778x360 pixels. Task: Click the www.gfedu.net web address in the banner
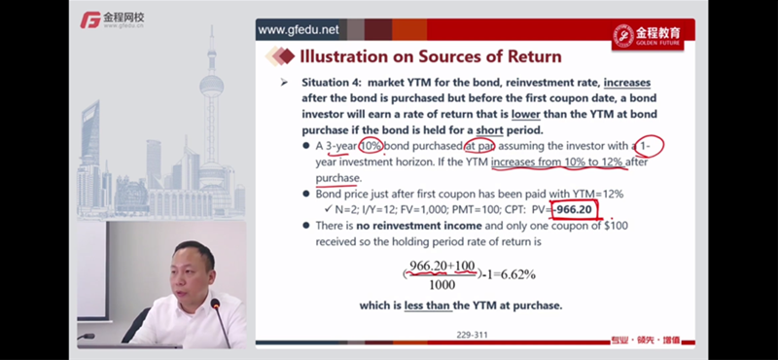click(x=299, y=30)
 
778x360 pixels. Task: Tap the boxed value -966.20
click(x=573, y=209)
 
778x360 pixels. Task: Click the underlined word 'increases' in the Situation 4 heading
click(x=627, y=83)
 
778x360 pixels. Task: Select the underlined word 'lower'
click(x=525, y=114)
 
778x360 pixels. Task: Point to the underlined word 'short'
click(x=490, y=130)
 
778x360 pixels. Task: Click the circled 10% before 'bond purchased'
click(x=371, y=147)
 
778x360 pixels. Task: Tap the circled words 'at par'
click(x=480, y=147)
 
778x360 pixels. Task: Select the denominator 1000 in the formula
click(x=442, y=285)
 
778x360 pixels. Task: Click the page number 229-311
click(x=472, y=335)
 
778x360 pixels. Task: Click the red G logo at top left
click(x=90, y=19)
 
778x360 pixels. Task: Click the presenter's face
click(x=190, y=271)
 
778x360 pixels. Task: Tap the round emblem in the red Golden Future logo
click(x=623, y=35)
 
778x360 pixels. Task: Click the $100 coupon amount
click(x=616, y=226)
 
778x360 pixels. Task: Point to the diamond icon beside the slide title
click(x=280, y=55)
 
